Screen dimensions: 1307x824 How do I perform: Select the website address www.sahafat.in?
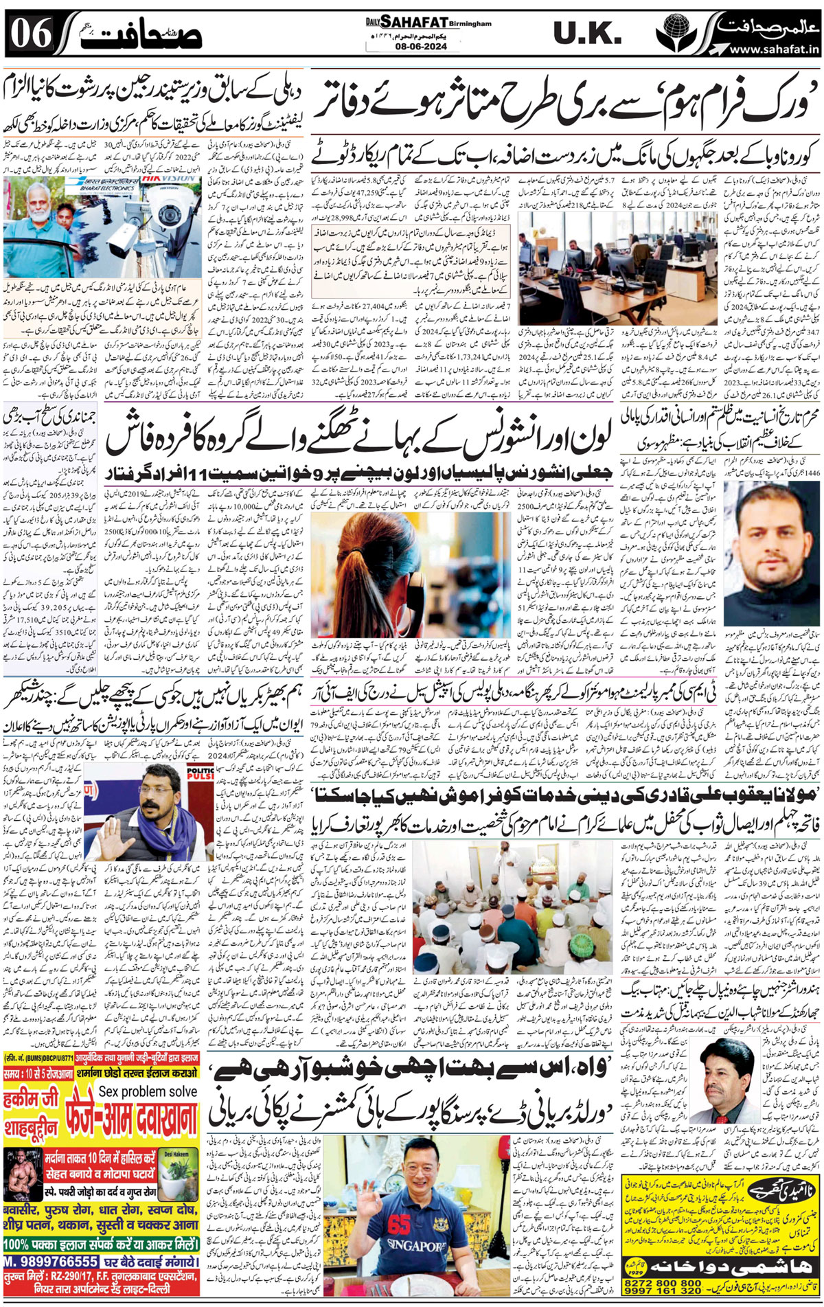pos(774,49)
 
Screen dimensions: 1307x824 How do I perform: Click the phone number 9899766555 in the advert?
pos(51,1262)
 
